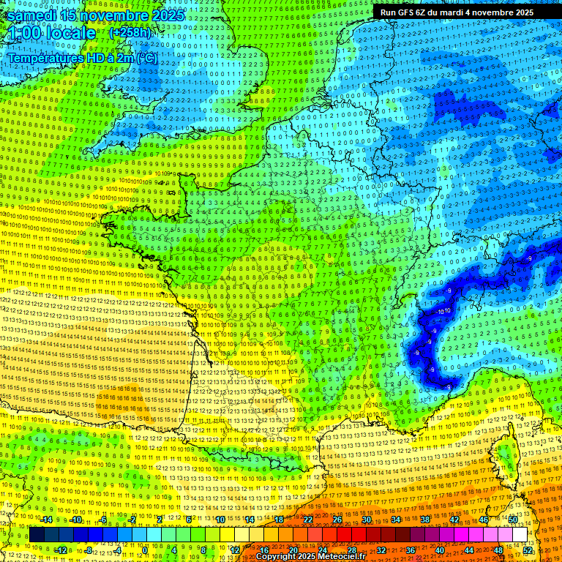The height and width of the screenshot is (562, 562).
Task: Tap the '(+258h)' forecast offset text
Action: pos(130,33)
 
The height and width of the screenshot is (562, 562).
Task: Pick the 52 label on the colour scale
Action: pos(528,550)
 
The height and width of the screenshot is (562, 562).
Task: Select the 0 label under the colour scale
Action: pos(145,550)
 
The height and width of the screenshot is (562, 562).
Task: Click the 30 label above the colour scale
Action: pos(367,520)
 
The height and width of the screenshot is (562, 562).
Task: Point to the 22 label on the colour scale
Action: pos(308,520)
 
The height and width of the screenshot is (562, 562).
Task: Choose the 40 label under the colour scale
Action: pos(440,550)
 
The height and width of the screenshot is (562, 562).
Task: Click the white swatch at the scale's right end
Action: pos(520,535)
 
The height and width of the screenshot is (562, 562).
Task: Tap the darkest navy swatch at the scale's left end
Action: pos(37,535)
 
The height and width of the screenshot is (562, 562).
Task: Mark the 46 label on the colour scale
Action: pos(484,520)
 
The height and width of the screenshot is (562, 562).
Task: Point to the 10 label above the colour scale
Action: pos(220,520)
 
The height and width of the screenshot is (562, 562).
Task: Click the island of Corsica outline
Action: pos(505,457)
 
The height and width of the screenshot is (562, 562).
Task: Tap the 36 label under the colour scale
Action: pos(411,550)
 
